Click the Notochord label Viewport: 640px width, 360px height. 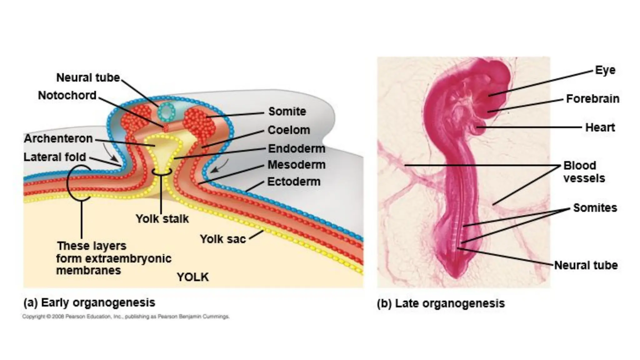pos(67,95)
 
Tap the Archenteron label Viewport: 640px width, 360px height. pos(58,138)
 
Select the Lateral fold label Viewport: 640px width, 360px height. pos(55,157)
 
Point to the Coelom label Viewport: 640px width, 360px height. pos(289,130)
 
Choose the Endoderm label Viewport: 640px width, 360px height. pos(297,148)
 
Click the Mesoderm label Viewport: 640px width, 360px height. pos(296,165)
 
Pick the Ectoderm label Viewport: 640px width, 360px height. pos(294,182)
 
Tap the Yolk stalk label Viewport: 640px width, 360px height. pos(162,219)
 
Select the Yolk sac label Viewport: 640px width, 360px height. pos(223,239)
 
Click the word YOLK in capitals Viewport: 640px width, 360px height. pos(193,277)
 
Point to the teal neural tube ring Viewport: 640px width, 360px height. pos(167,112)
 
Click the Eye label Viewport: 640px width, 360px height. pos(605,70)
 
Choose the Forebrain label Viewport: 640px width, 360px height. pos(592,99)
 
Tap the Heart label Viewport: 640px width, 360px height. pos(600,127)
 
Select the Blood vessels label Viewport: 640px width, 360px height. pos(584,172)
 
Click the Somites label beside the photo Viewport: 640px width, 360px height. pos(595,208)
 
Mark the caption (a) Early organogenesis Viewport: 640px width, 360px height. pos(89,302)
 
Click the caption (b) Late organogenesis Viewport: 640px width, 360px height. pos(441,303)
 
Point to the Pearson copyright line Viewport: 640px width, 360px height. pos(126,317)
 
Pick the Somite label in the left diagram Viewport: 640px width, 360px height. pos(287,112)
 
